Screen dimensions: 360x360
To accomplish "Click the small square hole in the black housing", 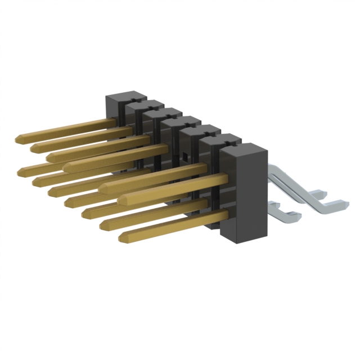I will tap(182, 154).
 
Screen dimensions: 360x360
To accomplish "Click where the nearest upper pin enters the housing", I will tap(226, 179).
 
